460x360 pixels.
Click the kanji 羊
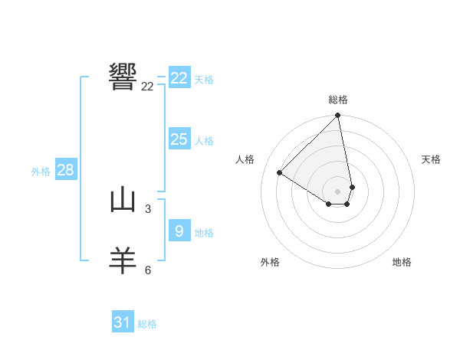click(123, 261)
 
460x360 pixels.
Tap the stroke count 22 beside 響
click(147, 87)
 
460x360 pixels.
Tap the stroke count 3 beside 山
click(147, 208)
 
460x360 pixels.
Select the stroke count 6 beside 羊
click(147, 270)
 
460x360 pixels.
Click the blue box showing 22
click(179, 78)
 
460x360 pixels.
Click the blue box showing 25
click(179, 139)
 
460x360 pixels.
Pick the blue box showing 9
click(179, 231)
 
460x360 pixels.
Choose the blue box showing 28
click(65, 170)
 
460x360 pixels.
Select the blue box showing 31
click(123, 322)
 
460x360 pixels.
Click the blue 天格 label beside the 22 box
click(204, 79)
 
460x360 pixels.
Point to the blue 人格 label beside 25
click(204, 141)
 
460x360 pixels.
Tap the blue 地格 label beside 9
click(204, 232)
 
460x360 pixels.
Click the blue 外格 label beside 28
click(41, 172)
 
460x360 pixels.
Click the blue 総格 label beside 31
click(147, 324)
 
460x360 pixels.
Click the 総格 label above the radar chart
click(338, 100)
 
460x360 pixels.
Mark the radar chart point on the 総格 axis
click(338, 116)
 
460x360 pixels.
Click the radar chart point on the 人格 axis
click(280, 173)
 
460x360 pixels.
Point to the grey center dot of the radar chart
click(338, 191)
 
